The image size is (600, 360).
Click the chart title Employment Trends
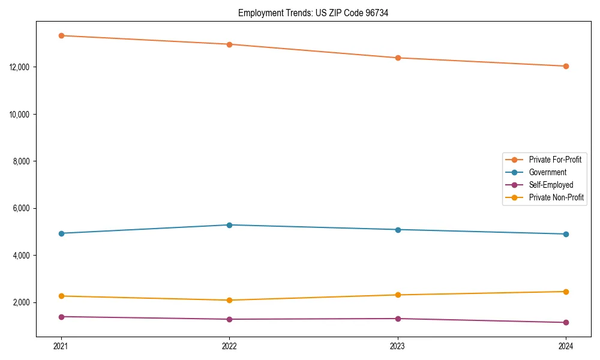point(313,13)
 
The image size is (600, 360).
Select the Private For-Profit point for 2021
point(61,35)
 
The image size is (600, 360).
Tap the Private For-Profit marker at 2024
point(566,66)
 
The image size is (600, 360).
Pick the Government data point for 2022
point(229,225)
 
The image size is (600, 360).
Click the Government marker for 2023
point(398,230)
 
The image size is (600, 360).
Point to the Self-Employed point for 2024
point(566,323)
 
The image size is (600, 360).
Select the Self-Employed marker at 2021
point(61,317)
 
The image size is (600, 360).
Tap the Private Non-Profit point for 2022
point(229,300)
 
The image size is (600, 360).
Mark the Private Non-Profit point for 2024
point(566,292)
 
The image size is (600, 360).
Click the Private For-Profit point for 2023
point(398,58)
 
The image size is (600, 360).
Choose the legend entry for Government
point(547,172)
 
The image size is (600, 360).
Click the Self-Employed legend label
point(551,185)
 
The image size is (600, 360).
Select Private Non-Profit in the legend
point(556,197)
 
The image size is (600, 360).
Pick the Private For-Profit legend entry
point(555,160)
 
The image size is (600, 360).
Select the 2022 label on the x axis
point(229,346)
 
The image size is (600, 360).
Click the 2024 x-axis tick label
point(566,346)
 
